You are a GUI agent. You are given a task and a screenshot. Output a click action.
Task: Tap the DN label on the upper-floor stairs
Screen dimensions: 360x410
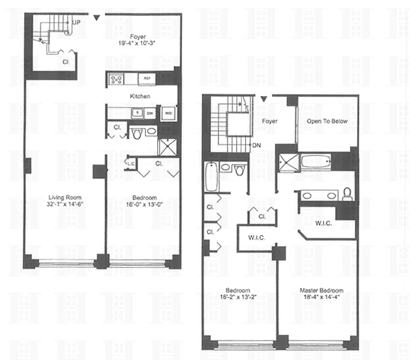tap(256, 145)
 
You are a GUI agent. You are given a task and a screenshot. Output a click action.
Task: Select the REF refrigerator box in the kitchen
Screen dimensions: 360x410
tap(147, 79)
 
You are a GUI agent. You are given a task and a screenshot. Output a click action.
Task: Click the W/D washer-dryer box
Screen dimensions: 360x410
tap(167, 112)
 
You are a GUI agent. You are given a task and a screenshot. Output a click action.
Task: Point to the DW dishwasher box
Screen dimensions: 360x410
tap(150, 113)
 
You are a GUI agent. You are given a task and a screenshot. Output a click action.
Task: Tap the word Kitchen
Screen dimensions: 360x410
tap(140, 96)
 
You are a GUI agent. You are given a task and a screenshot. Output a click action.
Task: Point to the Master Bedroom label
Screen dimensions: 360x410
tap(321, 291)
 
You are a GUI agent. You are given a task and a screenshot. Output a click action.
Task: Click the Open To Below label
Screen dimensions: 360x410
tap(327, 121)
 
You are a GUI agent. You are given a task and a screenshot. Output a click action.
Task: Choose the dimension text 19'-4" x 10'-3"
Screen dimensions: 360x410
tap(139, 45)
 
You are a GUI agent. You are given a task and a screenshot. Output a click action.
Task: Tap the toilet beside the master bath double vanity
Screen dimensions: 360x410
tap(347, 194)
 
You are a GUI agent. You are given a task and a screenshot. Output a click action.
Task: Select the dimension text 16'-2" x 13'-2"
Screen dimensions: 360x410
tap(239, 297)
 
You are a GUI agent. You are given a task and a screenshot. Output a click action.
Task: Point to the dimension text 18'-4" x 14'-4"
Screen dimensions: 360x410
tap(321, 297)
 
